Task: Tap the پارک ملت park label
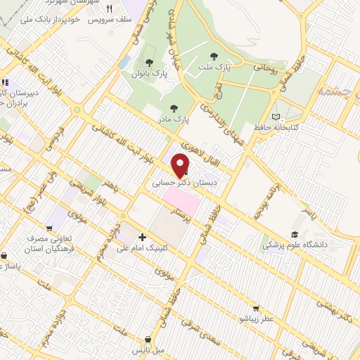214,66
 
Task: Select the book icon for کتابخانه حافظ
276,116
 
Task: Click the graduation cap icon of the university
295,235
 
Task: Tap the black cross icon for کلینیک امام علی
143,238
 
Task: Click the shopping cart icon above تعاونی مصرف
49,229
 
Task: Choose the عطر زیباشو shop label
255,319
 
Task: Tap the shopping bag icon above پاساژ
6,256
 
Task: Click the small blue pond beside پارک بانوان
124,63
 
